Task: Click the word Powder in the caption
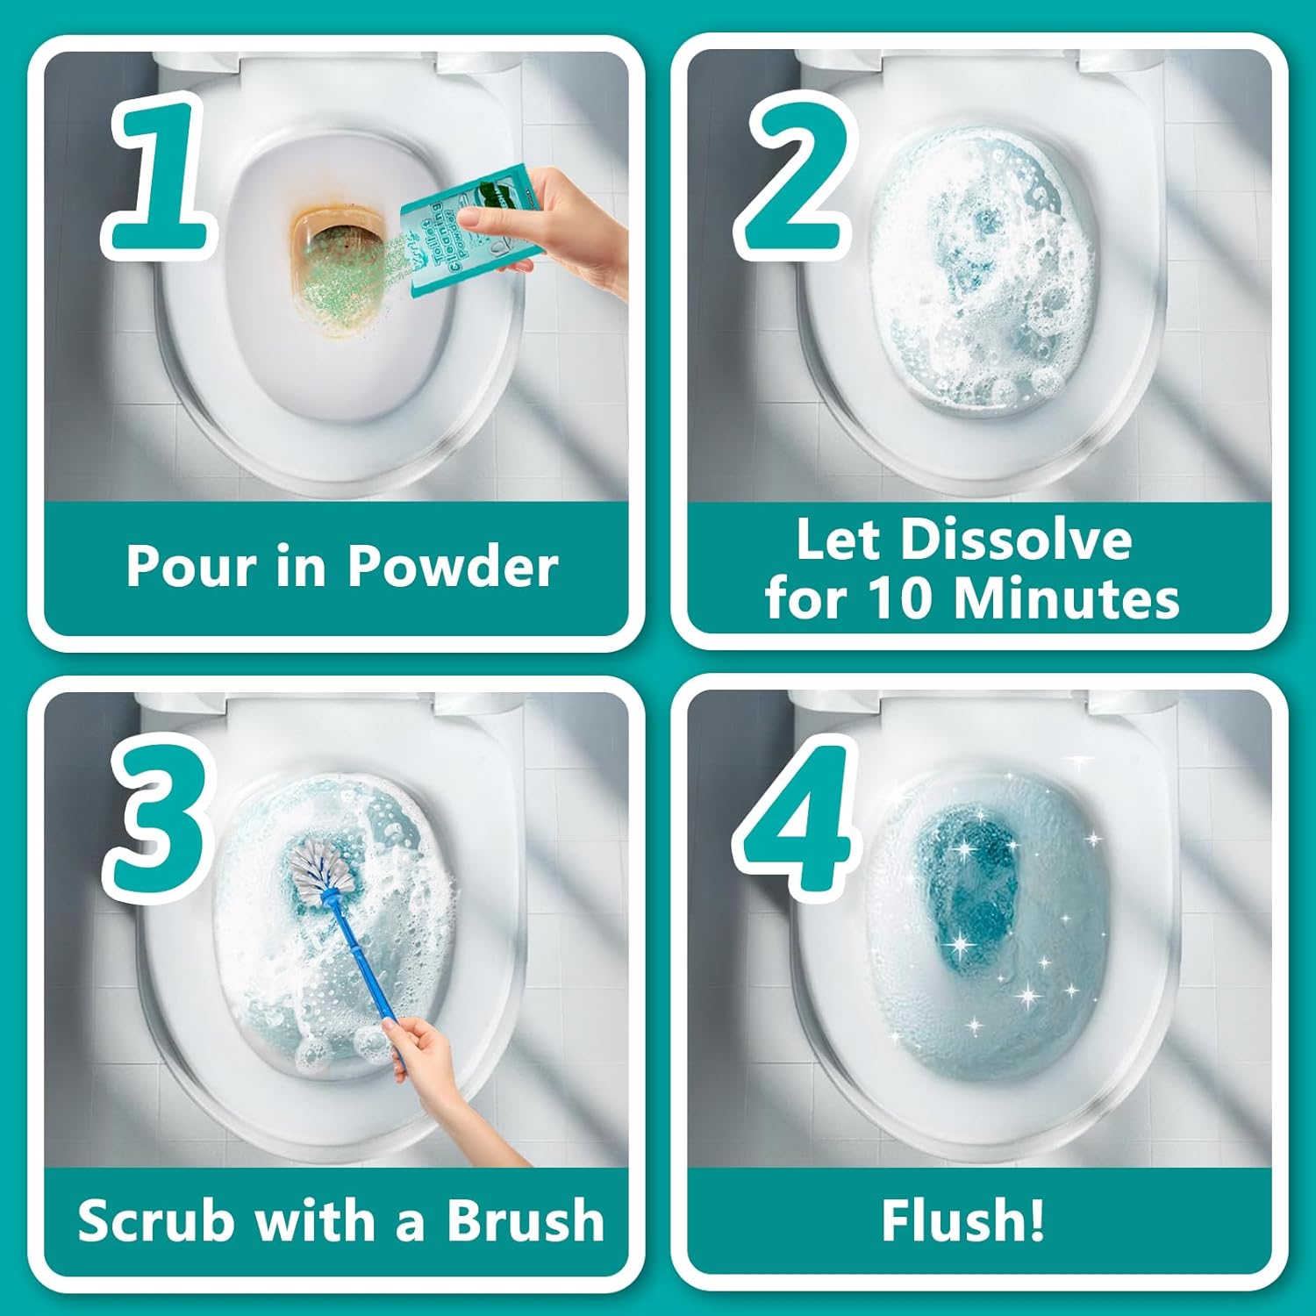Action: tap(453, 567)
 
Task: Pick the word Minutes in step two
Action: tap(1065, 598)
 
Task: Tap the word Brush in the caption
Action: tap(525, 1220)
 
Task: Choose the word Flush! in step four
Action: tap(962, 1220)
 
